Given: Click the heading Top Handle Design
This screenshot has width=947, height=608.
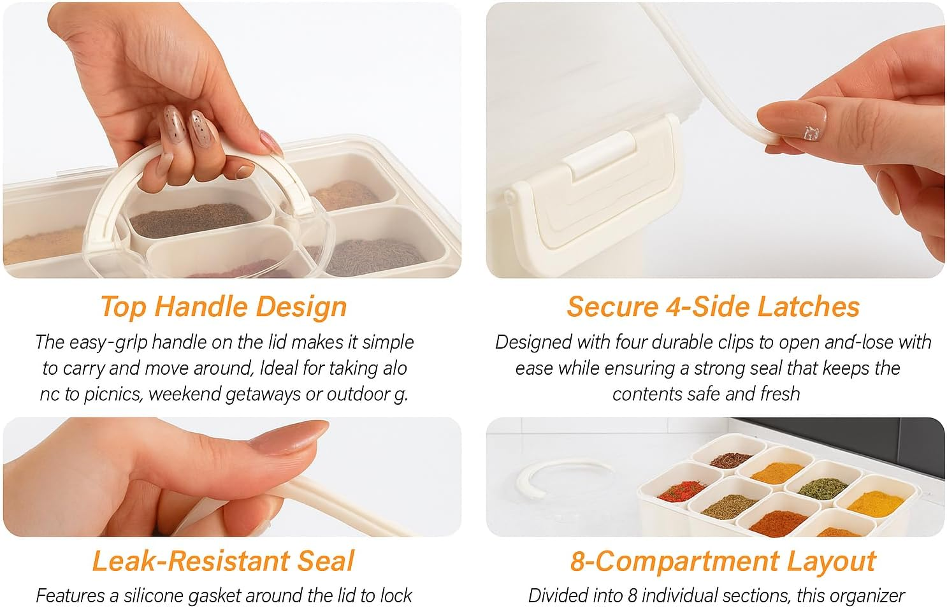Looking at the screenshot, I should tap(224, 307).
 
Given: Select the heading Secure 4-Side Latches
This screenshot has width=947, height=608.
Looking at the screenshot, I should tap(713, 307).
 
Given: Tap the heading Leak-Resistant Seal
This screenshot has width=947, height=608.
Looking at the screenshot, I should tap(222, 561).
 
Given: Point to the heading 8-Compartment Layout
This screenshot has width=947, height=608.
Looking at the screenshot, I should tap(723, 561).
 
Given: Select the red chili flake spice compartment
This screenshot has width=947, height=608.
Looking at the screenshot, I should tap(680, 491).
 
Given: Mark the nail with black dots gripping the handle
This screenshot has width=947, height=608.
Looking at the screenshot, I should tap(199, 125).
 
